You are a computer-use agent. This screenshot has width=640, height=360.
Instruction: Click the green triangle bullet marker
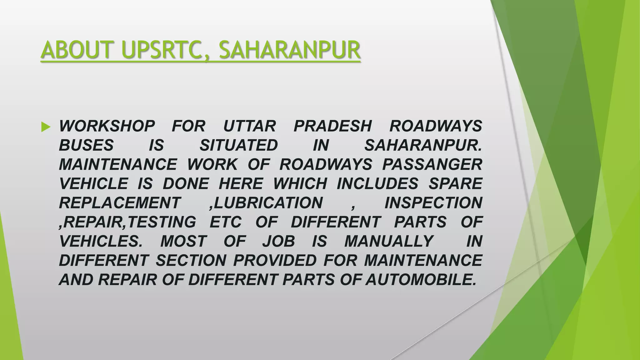tap(46, 127)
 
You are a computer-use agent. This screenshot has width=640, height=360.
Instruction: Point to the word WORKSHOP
tap(107, 126)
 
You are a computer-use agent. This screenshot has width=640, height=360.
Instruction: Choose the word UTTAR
tap(249, 126)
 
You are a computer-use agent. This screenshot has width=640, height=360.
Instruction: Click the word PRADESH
tap(332, 126)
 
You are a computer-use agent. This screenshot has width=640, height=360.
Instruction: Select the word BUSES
tap(86, 146)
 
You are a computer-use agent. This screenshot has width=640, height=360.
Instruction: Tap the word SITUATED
tap(239, 146)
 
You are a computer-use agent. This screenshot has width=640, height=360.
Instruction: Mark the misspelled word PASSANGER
tap(432, 165)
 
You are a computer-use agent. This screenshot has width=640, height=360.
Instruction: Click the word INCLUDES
tap(377, 184)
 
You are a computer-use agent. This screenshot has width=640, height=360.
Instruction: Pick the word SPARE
tap(455, 184)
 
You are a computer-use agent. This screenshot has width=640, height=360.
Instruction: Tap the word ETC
tap(226, 222)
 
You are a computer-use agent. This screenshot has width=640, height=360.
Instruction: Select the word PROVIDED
tap(275, 261)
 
